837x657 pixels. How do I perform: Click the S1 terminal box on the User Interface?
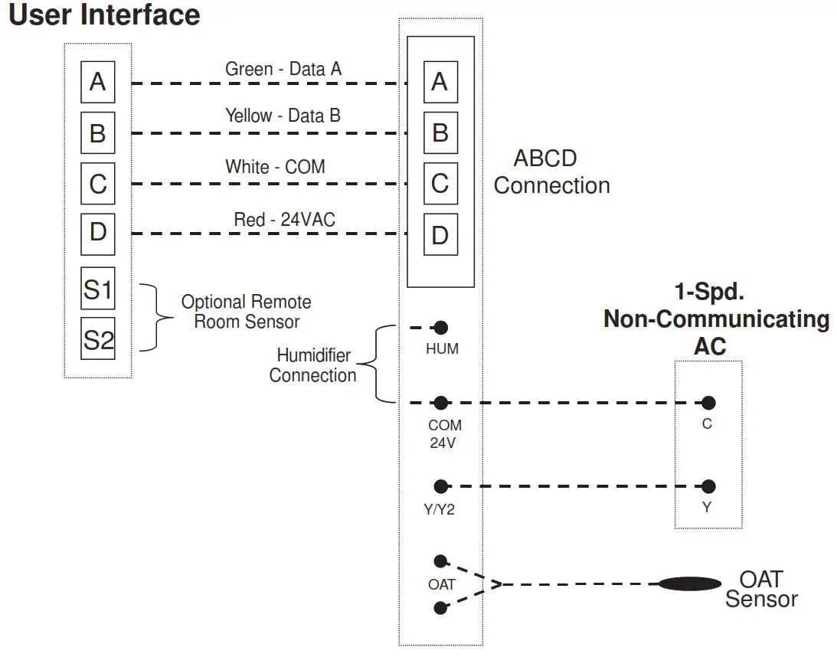point(98,289)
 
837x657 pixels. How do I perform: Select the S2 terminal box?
point(98,339)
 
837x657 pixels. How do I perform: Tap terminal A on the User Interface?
point(98,82)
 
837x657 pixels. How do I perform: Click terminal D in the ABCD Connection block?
point(440,234)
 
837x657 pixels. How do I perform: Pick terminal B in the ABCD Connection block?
point(440,132)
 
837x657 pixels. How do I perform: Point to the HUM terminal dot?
point(440,328)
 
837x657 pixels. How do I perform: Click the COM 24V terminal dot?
point(440,403)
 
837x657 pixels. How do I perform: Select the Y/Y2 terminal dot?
point(440,486)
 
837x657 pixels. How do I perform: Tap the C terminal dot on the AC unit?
point(708,403)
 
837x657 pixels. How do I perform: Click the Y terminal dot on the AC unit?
point(708,486)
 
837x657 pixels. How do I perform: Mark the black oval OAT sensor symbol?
point(690,584)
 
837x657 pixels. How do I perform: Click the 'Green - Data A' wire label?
point(283,69)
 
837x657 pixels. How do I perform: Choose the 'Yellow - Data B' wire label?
point(283,116)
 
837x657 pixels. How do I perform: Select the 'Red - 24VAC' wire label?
point(284,220)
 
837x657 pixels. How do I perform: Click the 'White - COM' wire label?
point(275,166)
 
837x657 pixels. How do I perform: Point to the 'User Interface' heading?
point(104,15)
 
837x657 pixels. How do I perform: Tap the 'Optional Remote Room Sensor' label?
point(246,312)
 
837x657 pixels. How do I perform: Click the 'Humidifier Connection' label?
point(312,365)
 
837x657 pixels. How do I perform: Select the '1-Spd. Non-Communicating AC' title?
point(716,319)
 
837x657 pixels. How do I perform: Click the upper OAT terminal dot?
point(440,561)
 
